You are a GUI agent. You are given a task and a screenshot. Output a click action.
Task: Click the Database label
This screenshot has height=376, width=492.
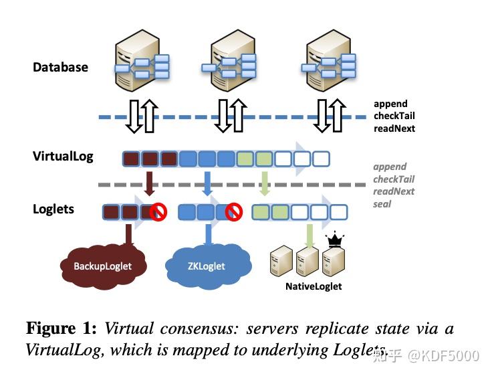click(60, 67)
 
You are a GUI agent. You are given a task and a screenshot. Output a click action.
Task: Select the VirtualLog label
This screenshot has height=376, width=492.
click(63, 157)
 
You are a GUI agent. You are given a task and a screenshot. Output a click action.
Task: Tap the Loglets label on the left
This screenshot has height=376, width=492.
click(53, 209)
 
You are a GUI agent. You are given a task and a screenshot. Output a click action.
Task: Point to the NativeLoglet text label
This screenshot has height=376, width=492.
click(314, 286)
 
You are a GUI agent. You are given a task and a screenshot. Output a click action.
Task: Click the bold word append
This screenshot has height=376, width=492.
click(390, 104)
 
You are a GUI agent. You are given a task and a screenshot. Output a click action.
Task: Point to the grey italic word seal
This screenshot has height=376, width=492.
click(382, 203)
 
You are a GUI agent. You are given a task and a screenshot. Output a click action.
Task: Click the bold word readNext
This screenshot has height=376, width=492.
click(394, 128)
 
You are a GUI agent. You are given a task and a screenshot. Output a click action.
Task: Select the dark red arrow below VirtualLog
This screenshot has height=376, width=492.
click(150, 183)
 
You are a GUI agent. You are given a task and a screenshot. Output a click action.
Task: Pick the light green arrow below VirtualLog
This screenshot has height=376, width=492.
click(265, 183)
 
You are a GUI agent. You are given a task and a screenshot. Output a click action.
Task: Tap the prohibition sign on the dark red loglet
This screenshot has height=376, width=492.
click(158, 213)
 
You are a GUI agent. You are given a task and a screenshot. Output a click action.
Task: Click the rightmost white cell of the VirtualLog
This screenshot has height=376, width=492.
click(322, 159)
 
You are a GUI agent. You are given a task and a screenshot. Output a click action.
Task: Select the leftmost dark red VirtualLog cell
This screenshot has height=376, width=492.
click(131, 159)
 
